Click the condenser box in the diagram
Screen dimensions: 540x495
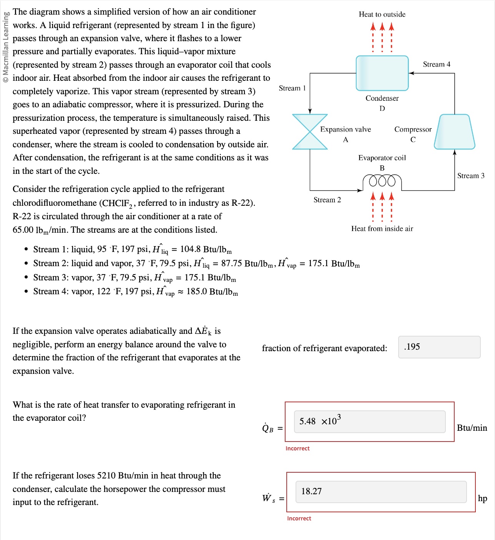point(382,73)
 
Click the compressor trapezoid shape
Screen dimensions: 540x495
point(454,132)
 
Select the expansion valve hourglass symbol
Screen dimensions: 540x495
point(310,132)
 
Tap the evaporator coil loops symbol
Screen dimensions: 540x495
point(382,181)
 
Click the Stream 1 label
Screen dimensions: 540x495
point(292,88)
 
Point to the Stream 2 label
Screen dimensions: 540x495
point(327,200)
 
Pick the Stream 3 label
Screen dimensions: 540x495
point(470,176)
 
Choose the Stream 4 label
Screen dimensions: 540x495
point(436,64)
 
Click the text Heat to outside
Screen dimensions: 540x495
point(382,14)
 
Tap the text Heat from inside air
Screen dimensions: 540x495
point(382,228)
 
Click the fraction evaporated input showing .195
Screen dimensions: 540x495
point(439,347)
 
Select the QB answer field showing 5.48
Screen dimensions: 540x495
point(369,422)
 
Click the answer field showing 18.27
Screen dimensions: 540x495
point(380,492)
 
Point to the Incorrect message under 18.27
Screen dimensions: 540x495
point(299,518)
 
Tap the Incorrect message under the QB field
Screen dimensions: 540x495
point(297,448)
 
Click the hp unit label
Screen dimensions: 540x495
point(482,498)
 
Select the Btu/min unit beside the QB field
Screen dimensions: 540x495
point(472,428)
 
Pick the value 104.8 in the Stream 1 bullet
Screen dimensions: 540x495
point(190,249)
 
